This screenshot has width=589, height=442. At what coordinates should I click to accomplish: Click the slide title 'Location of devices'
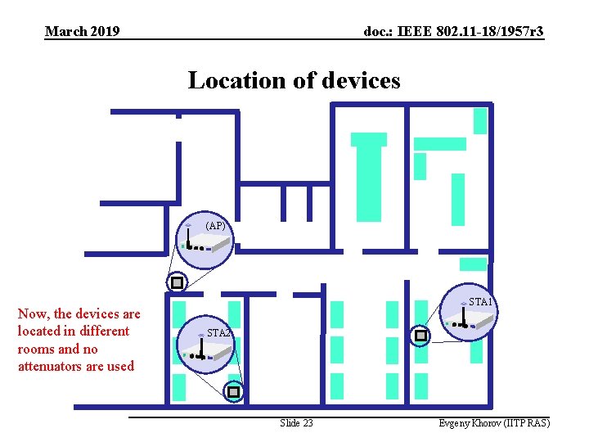[x=294, y=80]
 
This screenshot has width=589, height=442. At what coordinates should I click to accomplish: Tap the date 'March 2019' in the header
[x=83, y=32]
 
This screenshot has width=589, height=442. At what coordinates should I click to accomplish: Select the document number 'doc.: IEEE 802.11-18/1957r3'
[x=453, y=32]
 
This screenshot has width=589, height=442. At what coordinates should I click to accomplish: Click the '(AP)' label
[x=216, y=225]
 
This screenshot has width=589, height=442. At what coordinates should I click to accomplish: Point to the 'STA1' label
[x=480, y=302]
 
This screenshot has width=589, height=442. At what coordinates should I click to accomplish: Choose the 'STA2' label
[x=219, y=333]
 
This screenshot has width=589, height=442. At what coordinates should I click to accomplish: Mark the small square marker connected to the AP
[x=176, y=283]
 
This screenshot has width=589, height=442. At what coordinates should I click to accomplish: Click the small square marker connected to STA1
[x=420, y=336]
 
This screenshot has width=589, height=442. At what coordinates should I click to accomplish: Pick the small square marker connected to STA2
[x=234, y=393]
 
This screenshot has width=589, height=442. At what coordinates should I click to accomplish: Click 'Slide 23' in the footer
[x=296, y=423]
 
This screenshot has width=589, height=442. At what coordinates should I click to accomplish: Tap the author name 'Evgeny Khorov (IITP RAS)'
[x=494, y=423]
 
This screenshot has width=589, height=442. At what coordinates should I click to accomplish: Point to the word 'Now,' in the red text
[x=33, y=313]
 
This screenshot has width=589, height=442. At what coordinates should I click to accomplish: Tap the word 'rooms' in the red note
[x=36, y=349]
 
